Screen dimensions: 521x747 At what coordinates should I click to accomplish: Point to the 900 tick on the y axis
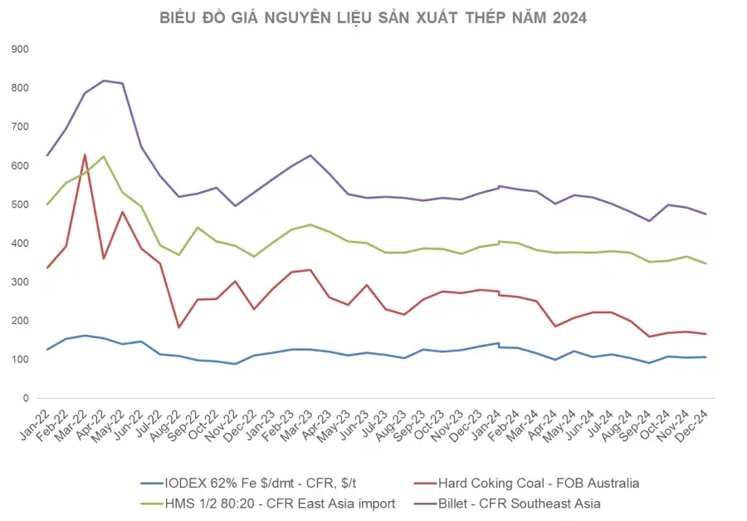(20, 49)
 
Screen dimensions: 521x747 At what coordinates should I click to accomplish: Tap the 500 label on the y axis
(20, 204)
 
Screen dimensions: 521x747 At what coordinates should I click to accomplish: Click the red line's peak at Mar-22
(85, 155)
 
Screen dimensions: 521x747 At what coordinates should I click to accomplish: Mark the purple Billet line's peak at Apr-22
(104, 81)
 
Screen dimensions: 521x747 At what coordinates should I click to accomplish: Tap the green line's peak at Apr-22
(104, 156)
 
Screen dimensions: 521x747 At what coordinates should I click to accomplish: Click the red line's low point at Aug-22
(178, 327)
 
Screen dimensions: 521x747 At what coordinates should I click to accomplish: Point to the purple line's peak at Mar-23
(310, 155)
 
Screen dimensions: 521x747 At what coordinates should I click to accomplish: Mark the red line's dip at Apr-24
(555, 327)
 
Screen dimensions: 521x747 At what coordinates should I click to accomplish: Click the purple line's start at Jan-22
(47, 155)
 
